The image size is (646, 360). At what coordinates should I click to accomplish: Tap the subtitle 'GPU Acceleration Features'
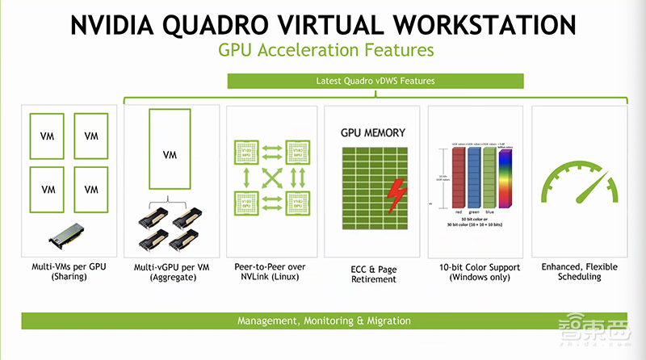[x=326, y=50]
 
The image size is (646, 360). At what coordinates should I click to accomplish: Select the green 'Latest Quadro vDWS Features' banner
[x=375, y=82]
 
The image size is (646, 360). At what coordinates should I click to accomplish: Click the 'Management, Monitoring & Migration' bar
[x=324, y=320]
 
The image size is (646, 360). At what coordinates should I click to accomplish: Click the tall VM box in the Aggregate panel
[x=170, y=154]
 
